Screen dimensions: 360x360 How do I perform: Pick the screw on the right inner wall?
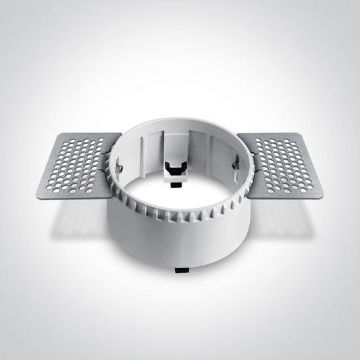tap(236, 163)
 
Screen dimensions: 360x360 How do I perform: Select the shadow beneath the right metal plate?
tap(284, 216)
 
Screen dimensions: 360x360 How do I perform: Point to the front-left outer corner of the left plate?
tap(36, 197)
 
